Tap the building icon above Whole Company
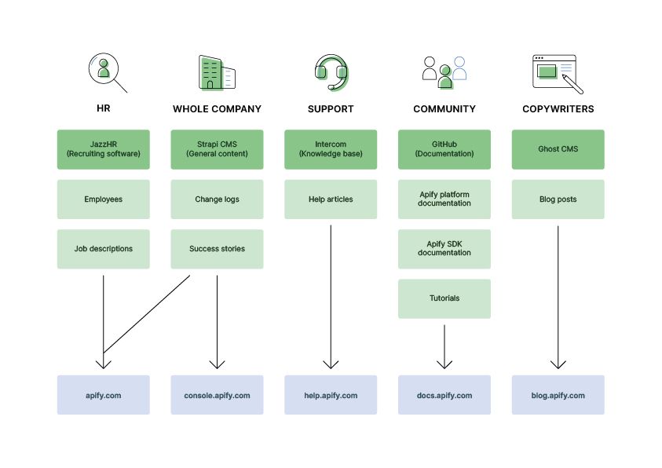217,73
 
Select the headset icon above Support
331,72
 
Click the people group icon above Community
444,72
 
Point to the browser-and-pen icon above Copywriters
557,73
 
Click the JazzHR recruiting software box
104,149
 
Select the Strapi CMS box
217,149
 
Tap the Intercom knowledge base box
331,149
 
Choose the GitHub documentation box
444,149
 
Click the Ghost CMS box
558,149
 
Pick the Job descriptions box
104,249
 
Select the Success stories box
217,249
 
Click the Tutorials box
444,298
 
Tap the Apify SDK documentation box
444,249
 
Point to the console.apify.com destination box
217,395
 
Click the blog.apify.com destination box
558,395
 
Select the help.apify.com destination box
331,395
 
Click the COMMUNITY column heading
444,109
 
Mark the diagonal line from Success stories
147,314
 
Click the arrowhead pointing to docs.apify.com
444,364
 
